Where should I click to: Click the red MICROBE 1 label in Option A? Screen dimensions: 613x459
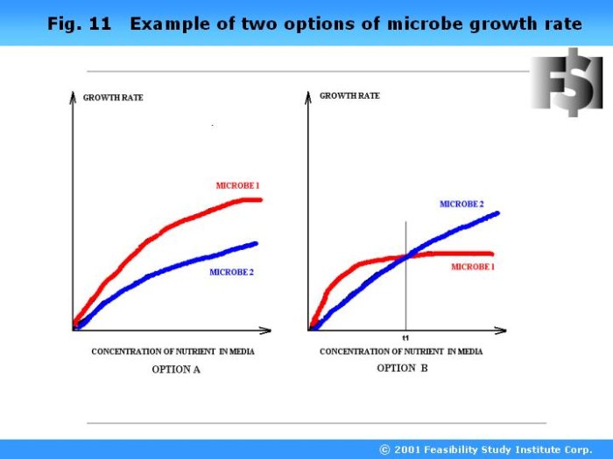point(237,185)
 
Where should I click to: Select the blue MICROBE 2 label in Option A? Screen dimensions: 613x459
point(231,272)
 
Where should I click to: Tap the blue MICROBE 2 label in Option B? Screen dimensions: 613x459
point(462,204)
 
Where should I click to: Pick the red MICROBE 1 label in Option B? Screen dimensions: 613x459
point(473,267)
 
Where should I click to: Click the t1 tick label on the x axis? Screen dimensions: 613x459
point(405,338)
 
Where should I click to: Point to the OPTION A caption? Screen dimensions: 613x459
point(176,369)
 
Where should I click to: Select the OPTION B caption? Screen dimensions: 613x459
point(402,368)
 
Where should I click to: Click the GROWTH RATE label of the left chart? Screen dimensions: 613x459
point(113,98)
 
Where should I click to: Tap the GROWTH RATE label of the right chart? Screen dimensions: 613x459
point(349,95)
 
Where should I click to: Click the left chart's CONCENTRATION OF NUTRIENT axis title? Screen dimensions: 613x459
point(173,351)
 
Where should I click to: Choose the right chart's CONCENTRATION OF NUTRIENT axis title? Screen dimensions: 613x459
point(401,351)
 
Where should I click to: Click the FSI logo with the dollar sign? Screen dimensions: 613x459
point(567,82)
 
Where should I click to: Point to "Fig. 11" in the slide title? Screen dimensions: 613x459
point(80,24)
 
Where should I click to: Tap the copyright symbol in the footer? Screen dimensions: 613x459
point(384,449)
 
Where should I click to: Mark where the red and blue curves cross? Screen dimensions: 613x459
point(406,256)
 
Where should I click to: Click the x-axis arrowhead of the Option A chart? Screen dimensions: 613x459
point(266,330)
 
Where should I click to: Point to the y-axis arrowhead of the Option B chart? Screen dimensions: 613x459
point(308,98)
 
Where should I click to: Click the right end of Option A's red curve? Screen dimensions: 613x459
point(260,200)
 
